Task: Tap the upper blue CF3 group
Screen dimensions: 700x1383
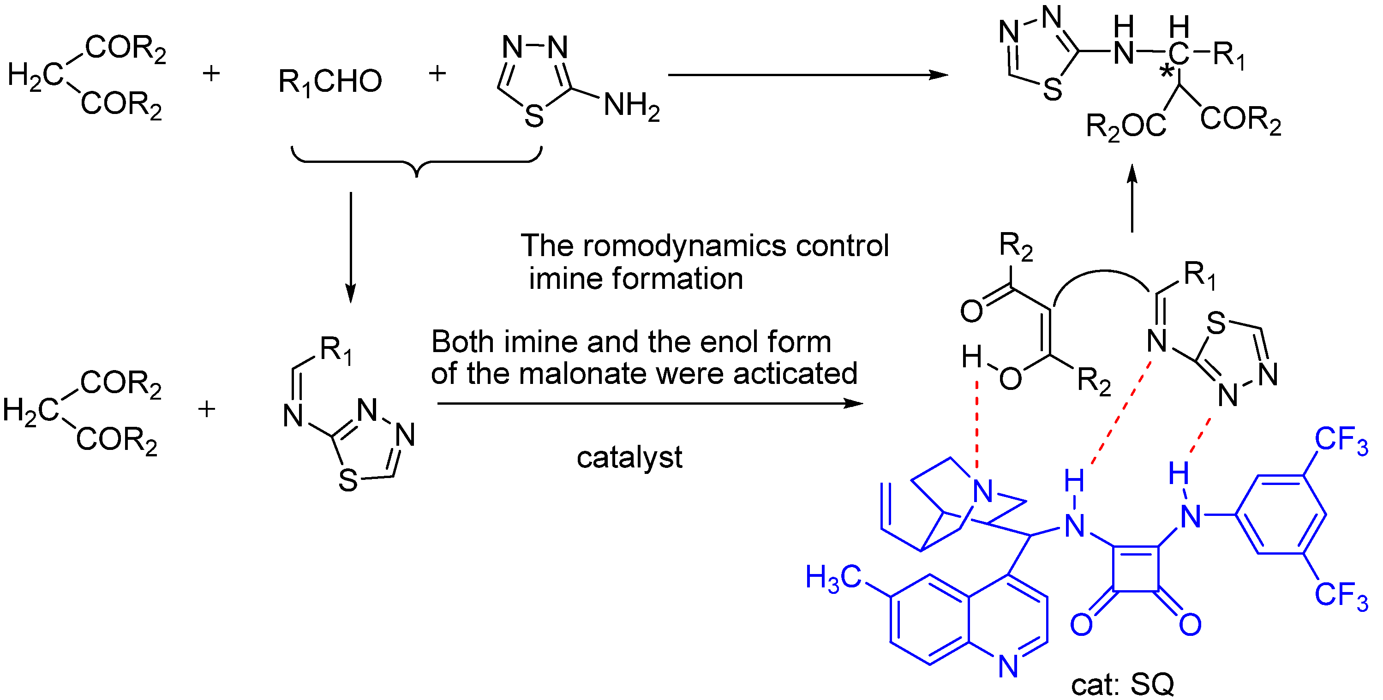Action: pyautogui.click(x=1341, y=441)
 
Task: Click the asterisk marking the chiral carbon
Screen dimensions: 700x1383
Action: pyautogui.click(x=1166, y=72)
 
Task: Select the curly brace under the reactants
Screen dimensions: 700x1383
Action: pyautogui.click(x=417, y=161)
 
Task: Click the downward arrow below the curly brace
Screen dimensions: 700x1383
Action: pyautogui.click(x=351, y=247)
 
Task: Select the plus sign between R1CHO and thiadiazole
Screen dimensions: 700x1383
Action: pyautogui.click(x=437, y=73)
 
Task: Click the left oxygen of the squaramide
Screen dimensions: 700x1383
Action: pyautogui.click(x=1081, y=624)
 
